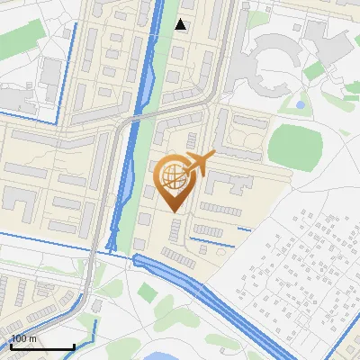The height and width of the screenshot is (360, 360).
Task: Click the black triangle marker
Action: click(x=181, y=24)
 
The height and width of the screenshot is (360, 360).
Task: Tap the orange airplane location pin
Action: click(x=173, y=183)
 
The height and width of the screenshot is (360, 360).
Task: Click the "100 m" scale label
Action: click(x=23, y=338)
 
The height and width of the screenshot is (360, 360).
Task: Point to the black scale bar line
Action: click(x=41, y=346)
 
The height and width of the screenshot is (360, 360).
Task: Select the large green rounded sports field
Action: click(x=294, y=143)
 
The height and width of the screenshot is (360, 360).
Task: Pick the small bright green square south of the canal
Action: click(x=147, y=292)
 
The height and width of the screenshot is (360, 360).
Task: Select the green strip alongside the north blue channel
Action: click(x=166, y=54)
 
